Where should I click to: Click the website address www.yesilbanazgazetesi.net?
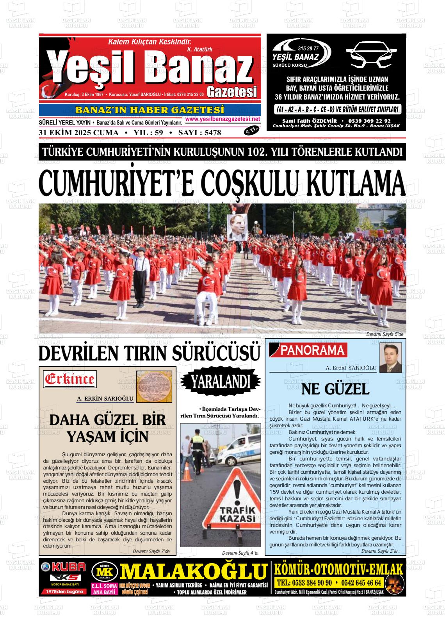(222, 119)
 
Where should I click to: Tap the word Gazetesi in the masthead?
(233, 92)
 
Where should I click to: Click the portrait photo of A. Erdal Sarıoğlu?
(391, 357)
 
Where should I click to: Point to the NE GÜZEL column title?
(335, 389)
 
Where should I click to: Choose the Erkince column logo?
(70, 379)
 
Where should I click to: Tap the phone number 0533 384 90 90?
(304, 583)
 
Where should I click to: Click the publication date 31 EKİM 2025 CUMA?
(78, 133)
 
